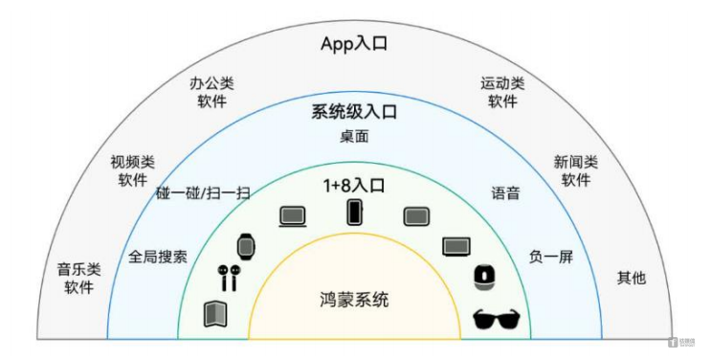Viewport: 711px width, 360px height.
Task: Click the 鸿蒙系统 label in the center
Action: [354, 300]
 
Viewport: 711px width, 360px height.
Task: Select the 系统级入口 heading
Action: [355, 112]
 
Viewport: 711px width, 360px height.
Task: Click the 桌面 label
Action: [355, 136]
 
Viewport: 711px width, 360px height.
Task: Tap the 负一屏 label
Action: [551, 257]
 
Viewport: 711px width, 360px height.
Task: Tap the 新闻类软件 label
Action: [576, 170]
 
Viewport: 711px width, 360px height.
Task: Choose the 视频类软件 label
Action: [133, 170]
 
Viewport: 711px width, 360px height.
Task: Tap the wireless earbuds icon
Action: [228, 278]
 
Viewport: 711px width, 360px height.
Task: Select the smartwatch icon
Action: [247, 246]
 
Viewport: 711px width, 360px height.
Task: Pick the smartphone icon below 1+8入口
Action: [355, 212]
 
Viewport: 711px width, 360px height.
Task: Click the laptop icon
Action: [292, 218]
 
